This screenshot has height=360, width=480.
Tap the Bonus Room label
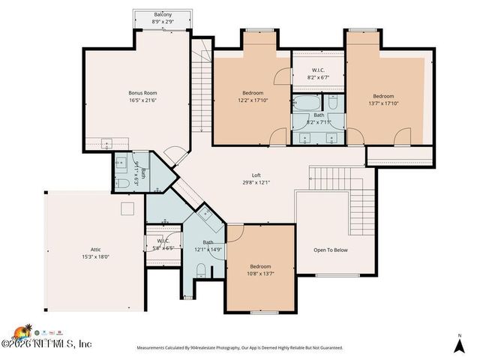[x=142, y=93]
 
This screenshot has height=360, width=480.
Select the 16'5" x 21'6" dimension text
[x=142, y=100]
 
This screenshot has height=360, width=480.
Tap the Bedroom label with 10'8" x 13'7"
[x=260, y=266]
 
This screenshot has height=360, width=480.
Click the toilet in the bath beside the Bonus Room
[x=121, y=182]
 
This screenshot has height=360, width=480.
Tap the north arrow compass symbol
[x=459, y=344]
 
